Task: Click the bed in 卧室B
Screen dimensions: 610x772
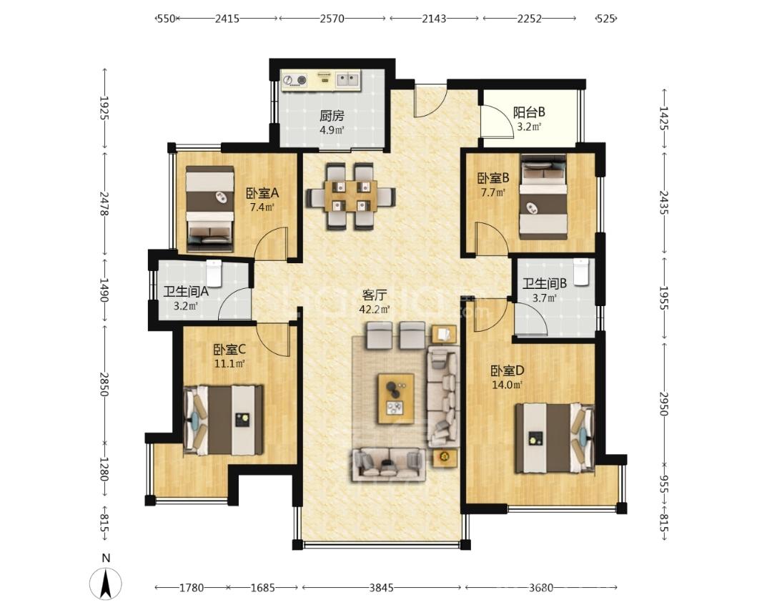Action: pos(543,197)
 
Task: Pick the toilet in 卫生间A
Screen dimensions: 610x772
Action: pos(214,273)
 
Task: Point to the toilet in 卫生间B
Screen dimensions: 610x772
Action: pos(580,271)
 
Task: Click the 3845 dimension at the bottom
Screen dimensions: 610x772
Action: pos(382,588)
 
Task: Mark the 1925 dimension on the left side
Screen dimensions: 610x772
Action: pos(105,108)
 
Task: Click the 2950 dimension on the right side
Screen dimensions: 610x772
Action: pos(664,405)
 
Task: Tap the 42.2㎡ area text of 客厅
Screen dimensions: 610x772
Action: pos(375,310)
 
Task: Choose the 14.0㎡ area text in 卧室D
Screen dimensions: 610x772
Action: pos(508,385)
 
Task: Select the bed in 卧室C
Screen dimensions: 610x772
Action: pos(223,420)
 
